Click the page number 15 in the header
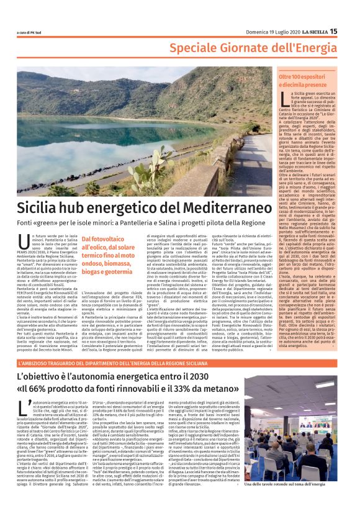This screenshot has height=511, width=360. [334, 31]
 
